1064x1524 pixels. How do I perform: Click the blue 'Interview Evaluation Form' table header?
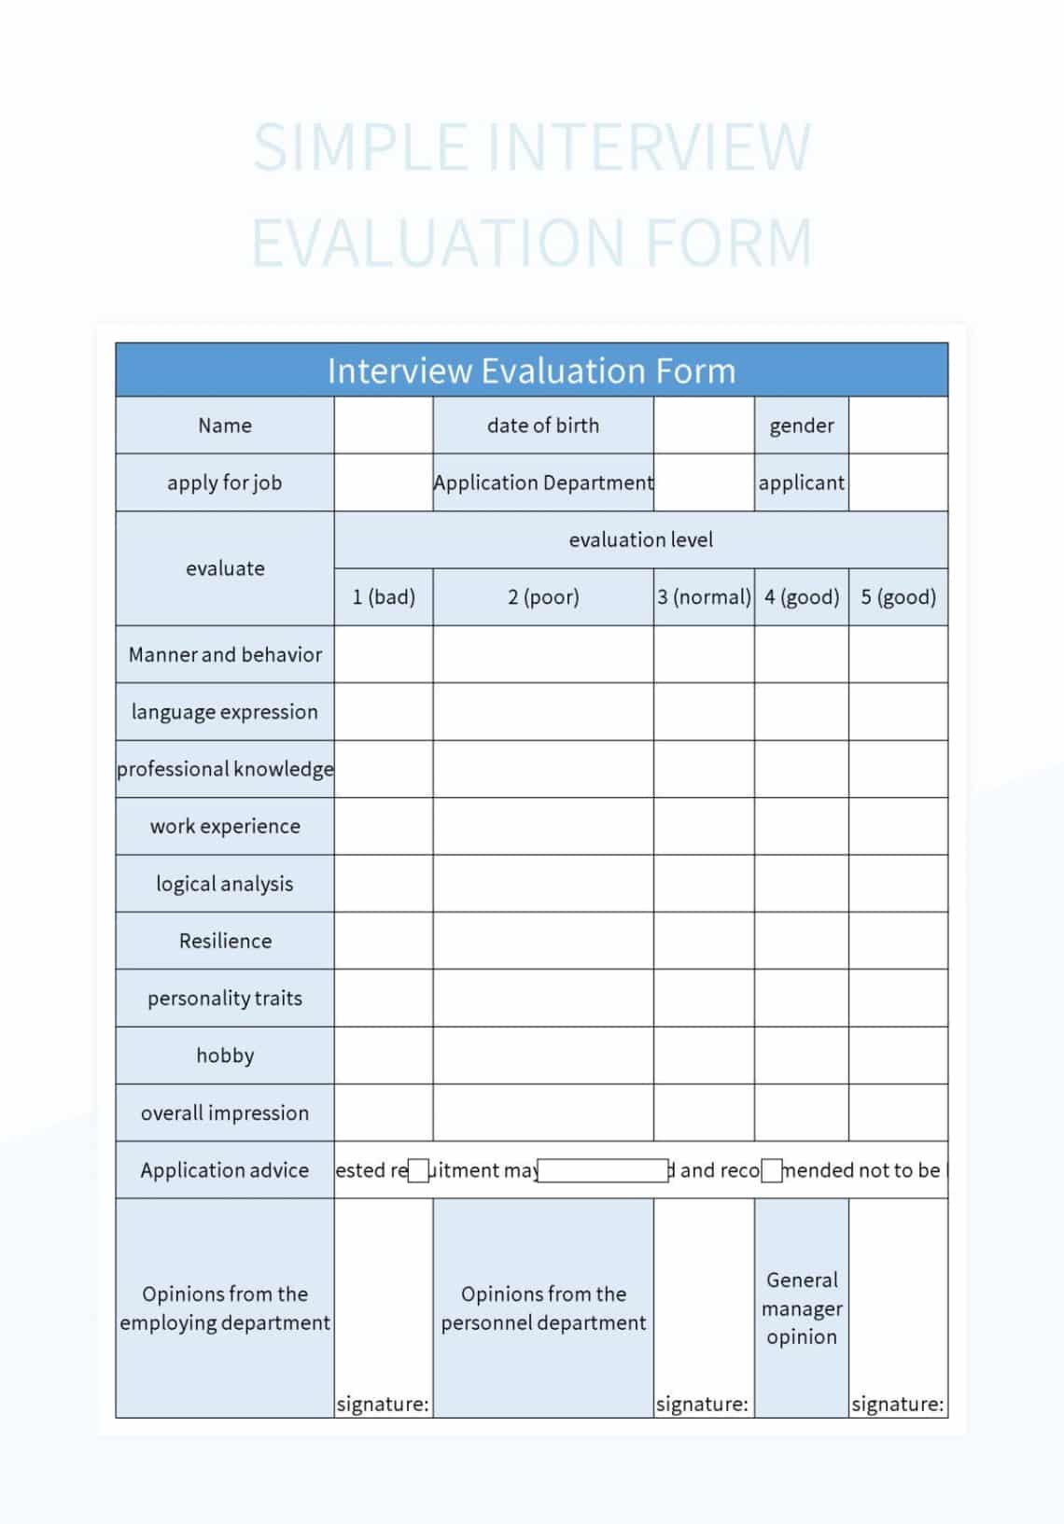[531, 371]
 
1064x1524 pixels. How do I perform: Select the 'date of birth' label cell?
[543, 426]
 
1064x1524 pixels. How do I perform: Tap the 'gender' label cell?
[801, 426]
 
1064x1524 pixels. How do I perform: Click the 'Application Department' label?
[543, 482]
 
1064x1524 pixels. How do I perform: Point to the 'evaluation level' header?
[640, 539]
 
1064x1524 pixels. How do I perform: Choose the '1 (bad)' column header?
[384, 597]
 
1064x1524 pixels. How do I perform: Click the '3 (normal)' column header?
[704, 597]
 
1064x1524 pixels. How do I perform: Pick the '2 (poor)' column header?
[543, 597]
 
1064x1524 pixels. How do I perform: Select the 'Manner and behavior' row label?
[225, 654]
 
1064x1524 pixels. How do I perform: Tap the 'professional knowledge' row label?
[225, 769]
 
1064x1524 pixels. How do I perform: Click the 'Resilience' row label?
[225, 941]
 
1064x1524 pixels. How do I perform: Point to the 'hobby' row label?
[225, 1056]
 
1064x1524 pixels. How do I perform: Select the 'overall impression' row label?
[225, 1112]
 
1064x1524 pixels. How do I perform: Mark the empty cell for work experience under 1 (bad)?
[384, 826]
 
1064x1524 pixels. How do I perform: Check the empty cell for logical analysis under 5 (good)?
[898, 884]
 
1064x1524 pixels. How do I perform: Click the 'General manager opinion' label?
[801, 1307]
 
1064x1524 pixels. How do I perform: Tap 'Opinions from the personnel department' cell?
[543, 1307]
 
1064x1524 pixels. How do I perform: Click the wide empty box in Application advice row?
[603, 1170]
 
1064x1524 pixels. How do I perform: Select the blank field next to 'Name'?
[384, 426]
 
